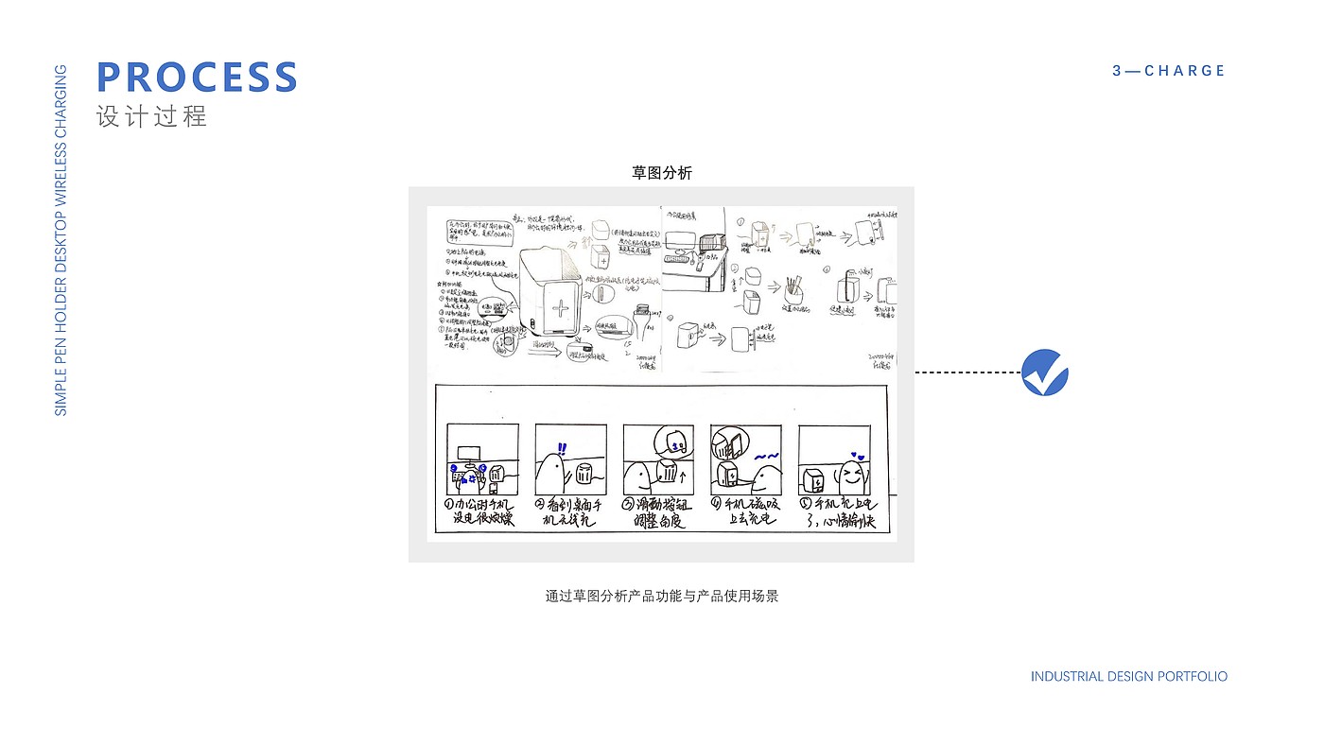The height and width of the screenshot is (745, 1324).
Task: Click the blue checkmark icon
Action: tap(1045, 372)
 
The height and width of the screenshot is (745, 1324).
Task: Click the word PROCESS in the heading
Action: tap(198, 78)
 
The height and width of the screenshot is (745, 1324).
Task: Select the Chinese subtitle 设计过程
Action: tap(151, 117)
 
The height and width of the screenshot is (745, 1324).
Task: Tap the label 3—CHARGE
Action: tap(1169, 71)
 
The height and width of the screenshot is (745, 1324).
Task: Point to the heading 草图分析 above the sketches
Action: tap(662, 173)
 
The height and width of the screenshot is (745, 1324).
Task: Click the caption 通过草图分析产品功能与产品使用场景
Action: tap(662, 597)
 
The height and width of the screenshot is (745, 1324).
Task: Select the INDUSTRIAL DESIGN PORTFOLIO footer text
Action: tap(1129, 677)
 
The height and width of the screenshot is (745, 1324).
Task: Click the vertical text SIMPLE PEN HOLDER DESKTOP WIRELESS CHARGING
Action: tap(61, 240)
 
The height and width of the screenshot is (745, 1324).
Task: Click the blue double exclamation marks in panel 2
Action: tap(562, 449)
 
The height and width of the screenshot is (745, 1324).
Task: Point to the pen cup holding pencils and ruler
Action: tap(793, 295)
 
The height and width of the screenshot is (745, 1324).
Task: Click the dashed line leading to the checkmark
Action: tap(967, 372)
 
